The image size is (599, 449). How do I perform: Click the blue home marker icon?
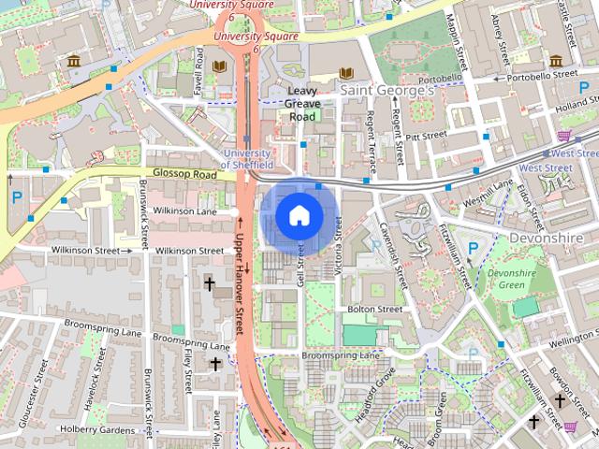pos(299,216)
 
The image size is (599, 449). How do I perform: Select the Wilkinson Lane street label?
pos(184,212)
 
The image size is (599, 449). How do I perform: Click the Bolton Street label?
pos(374,309)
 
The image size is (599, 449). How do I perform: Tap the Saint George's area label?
pos(387,91)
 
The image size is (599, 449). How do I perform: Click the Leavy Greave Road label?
pos(301,104)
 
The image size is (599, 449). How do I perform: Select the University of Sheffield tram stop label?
pos(246,159)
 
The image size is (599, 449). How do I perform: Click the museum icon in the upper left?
pos(73,62)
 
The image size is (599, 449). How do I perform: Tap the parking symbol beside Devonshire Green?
pos(473,249)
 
